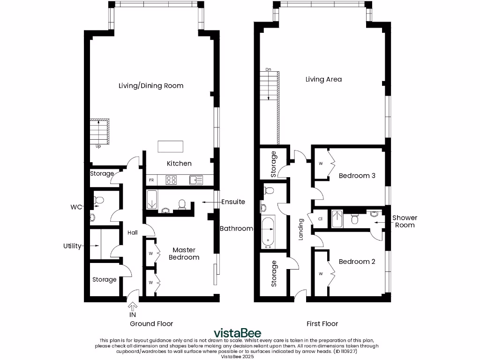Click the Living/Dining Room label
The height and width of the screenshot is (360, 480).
150,86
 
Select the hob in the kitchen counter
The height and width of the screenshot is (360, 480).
171,180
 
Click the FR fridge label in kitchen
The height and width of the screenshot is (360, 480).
151,180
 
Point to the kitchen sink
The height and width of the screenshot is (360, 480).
195,180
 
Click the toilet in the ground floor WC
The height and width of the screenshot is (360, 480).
98,201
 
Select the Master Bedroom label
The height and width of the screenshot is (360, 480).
184,254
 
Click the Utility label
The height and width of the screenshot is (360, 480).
73,246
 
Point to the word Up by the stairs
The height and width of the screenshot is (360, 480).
98,146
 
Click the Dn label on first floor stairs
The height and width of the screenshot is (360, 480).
268,69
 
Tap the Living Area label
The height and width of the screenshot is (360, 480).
323,79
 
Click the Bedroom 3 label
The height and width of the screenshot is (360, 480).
357,176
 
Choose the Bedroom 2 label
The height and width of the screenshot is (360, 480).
357,262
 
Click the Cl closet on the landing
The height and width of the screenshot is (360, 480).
320,219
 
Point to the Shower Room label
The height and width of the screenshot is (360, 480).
405,221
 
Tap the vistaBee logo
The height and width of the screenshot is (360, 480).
238,333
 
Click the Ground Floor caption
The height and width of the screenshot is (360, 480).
151,323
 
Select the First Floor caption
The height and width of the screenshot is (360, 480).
322,323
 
